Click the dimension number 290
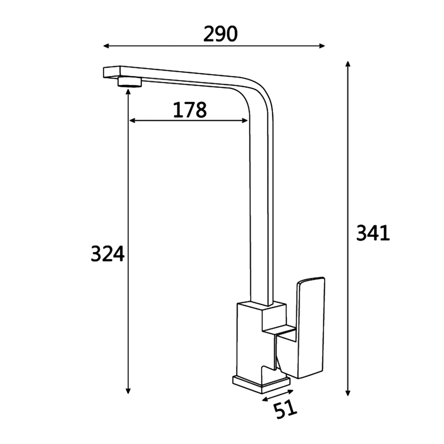coord(220,34)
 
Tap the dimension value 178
coord(190,110)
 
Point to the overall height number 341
coord(373,233)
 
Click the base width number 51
coord(285,409)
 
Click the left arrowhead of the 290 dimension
coord(106,46)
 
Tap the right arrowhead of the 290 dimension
coord(322,46)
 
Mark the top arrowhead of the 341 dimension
coord(348,63)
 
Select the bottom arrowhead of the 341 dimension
coord(348,393)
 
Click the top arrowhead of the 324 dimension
coord(128,91)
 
